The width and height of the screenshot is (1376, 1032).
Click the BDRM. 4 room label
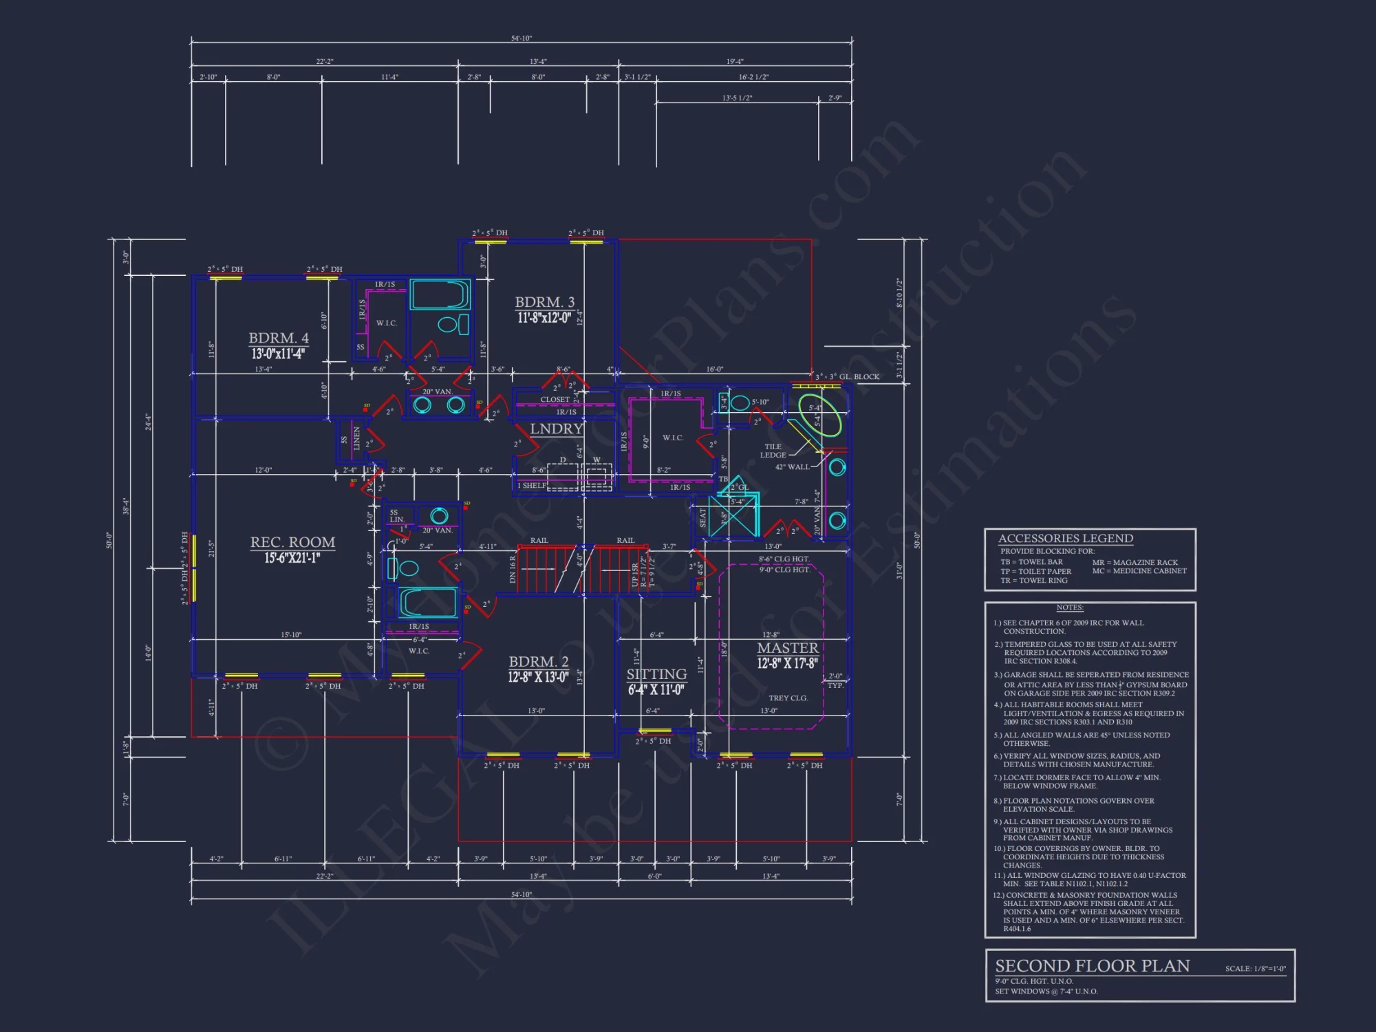click(279, 338)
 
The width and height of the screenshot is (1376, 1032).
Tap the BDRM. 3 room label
click(544, 302)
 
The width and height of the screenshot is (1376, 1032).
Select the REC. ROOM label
click(292, 542)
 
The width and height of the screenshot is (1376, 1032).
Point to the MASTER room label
click(787, 648)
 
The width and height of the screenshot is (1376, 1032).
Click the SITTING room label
click(656, 674)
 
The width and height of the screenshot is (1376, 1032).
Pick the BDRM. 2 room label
click(538, 662)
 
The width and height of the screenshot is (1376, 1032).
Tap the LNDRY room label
click(557, 429)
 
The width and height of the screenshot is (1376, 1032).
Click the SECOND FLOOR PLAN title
click(1092, 966)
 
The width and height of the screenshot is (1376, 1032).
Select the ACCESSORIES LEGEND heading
click(1065, 539)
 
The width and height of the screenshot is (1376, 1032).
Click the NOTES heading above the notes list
click(1070, 608)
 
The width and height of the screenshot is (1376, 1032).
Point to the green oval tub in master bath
click(820, 416)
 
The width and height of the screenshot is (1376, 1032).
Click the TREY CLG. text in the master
click(788, 698)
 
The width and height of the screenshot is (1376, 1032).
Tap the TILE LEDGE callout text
click(773, 451)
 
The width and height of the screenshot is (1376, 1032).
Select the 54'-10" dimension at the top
click(521, 39)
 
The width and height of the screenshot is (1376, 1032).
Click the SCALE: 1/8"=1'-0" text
click(1255, 969)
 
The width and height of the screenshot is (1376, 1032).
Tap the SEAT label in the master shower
click(702, 517)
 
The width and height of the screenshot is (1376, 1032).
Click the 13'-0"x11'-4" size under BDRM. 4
click(279, 354)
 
